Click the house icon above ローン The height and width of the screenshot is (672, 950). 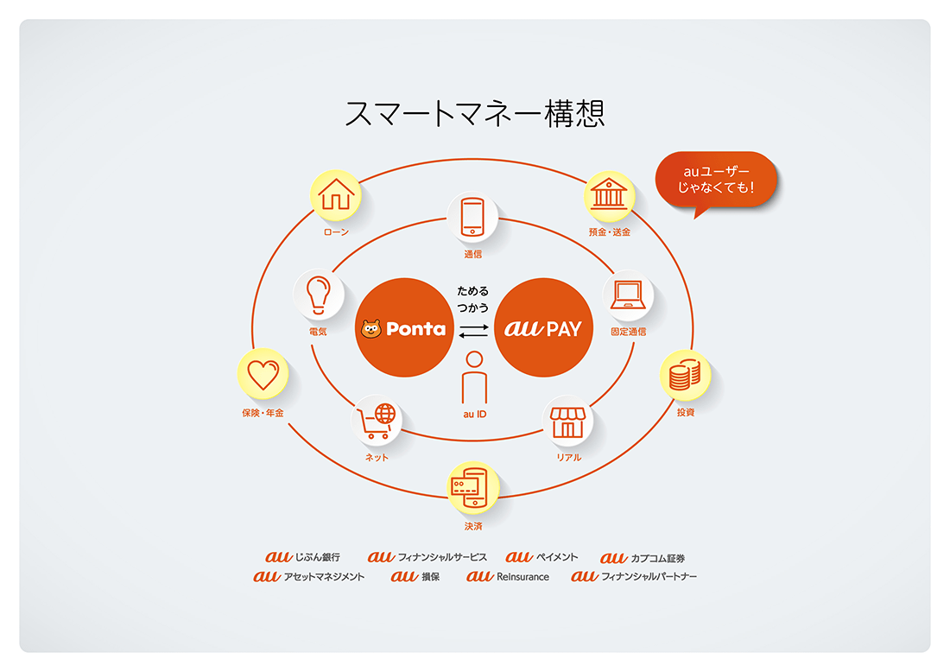point(336,194)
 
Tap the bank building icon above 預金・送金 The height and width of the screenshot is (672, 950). point(609,193)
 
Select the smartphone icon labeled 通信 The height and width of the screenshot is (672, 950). point(472,216)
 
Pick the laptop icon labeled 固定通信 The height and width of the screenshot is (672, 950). point(628,295)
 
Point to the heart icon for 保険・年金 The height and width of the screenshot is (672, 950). point(263,375)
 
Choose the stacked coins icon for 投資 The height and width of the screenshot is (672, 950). point(685,375)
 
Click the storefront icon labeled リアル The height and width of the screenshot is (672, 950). point(567,422)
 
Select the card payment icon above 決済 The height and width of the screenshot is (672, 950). point(472,487)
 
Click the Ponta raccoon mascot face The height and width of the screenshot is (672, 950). point(370,329)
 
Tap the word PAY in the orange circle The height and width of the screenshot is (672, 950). point(564,329)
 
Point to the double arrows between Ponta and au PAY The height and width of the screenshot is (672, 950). point(473,331)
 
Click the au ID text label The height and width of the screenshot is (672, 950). point(474,415)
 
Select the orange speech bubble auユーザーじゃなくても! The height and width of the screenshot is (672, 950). point(716,180)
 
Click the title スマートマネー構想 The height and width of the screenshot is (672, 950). point(475,113)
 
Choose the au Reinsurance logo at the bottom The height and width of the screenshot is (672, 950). point(508,576)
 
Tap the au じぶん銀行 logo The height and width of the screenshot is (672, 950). point(302,557)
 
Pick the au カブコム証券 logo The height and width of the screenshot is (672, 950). point(643,557)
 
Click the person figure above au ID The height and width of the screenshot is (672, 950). point(474,377)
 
